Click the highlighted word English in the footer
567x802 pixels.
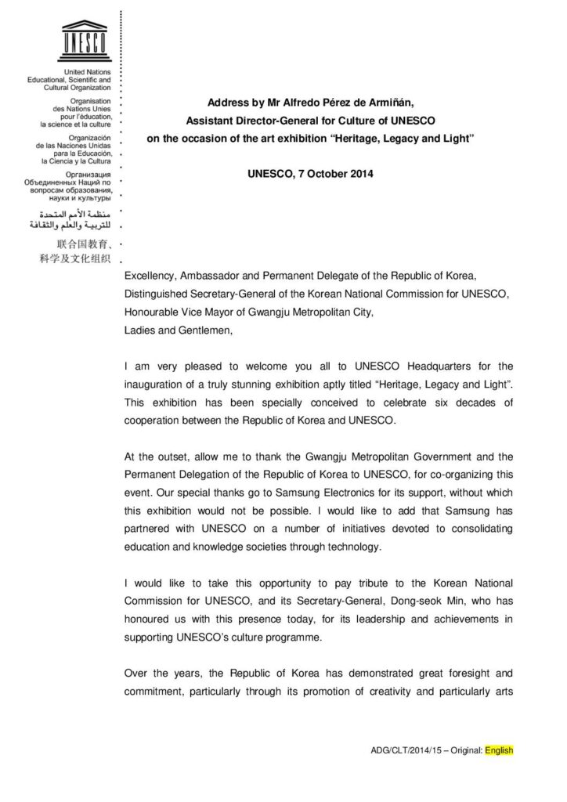point(499,750)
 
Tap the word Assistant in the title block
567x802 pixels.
point(211,120)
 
